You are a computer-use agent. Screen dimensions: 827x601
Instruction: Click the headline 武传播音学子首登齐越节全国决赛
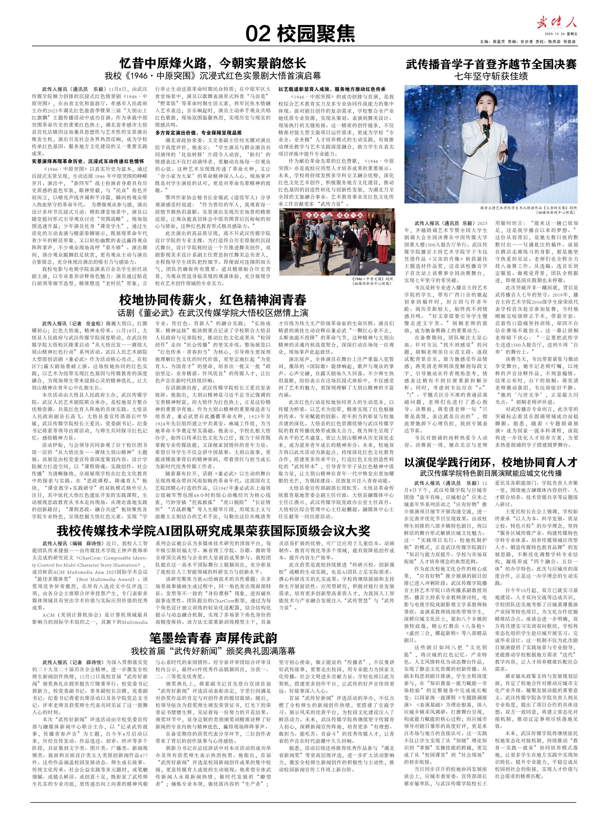[491, 65]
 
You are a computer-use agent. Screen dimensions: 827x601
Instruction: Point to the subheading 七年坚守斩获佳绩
[491, 77]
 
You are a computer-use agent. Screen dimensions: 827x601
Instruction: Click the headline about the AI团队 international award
[213, 530]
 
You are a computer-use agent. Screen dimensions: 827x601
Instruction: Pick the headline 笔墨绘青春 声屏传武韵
[213, 638]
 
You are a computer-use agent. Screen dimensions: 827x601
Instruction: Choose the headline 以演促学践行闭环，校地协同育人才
[491, 462]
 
